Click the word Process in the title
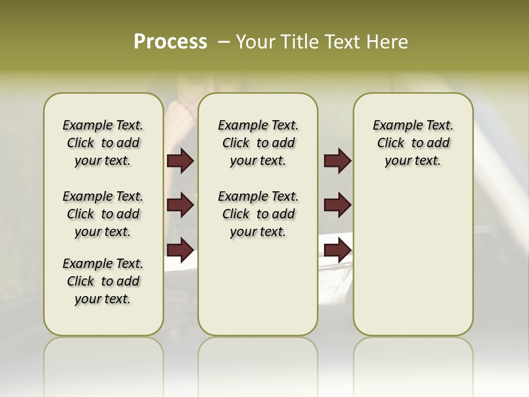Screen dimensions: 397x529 (x=170, y=42)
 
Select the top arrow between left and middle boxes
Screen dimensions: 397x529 (x=180, y=161)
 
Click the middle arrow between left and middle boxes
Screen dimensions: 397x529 (x=180, y=206)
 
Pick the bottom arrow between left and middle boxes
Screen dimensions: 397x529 (x=180, y=250)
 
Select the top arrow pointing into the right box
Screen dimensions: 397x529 (x=337, y=161)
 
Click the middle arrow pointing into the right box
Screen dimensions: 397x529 (x=337, y=206)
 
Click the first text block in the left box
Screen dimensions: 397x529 (x=103, y=143)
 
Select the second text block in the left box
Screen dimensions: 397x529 (x=103, y=214)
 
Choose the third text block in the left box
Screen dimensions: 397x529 (x=103, y=281)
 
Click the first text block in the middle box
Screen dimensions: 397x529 (x=258, y=143)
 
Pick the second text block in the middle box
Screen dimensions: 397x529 (x=258, y=214)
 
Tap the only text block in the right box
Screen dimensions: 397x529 (x=413, y=143)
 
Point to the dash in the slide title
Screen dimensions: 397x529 (x=224, y=42)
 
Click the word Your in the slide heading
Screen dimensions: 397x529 (x=256, y=42)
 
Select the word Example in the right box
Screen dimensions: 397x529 (x=395, y=126)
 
